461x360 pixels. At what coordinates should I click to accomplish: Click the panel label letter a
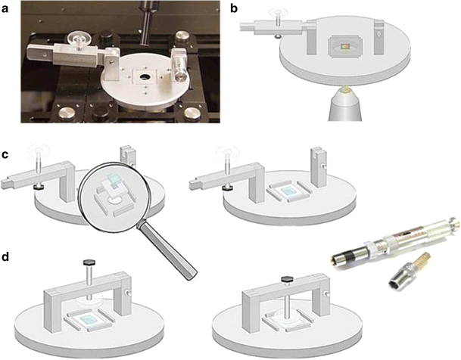(x=5, y=9)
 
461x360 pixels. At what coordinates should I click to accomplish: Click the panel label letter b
(x=234, y=8)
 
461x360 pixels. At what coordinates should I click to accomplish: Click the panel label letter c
(x=5, y=154)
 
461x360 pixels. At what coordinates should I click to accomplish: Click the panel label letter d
(x=5, y=256)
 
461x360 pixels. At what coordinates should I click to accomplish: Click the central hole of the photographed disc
(x=145, y=77)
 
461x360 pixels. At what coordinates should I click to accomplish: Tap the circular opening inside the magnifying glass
(x=115, y=200)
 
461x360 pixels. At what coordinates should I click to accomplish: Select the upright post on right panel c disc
(x=319, y=168)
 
